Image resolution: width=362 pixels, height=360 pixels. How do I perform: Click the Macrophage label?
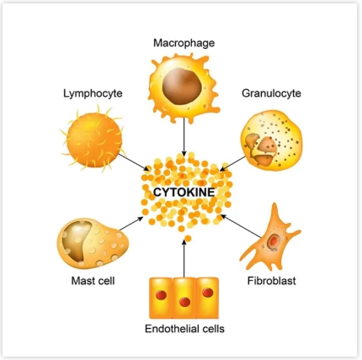184,43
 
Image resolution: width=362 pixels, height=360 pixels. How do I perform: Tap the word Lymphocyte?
93,93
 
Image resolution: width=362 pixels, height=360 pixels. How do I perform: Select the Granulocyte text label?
271,93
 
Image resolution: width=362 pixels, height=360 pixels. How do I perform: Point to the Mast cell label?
93,280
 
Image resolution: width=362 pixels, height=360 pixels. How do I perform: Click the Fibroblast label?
271,280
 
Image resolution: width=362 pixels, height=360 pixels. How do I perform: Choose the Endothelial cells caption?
184,328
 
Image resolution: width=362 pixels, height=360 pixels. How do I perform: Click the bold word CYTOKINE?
184,193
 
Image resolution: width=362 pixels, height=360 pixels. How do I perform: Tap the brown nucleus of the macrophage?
182,86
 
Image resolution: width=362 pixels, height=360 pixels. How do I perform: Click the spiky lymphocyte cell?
93,138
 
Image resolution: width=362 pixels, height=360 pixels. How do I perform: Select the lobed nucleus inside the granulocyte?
261,149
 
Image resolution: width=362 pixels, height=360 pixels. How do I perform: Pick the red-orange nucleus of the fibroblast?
273,241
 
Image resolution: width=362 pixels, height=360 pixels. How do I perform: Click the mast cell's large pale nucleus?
77,241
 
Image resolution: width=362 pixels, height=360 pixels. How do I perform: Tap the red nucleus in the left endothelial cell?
161,295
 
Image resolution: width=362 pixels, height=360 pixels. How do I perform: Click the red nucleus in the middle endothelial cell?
184,302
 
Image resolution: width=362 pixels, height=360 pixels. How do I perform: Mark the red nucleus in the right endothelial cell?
208,293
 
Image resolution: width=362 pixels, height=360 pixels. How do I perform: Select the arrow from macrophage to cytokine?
184,137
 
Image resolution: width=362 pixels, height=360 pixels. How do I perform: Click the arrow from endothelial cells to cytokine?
184,258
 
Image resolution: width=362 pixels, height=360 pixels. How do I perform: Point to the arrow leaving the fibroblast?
241,226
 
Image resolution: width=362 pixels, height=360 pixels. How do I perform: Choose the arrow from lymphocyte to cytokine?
134,162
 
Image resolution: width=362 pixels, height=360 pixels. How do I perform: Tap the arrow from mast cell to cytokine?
131,223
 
